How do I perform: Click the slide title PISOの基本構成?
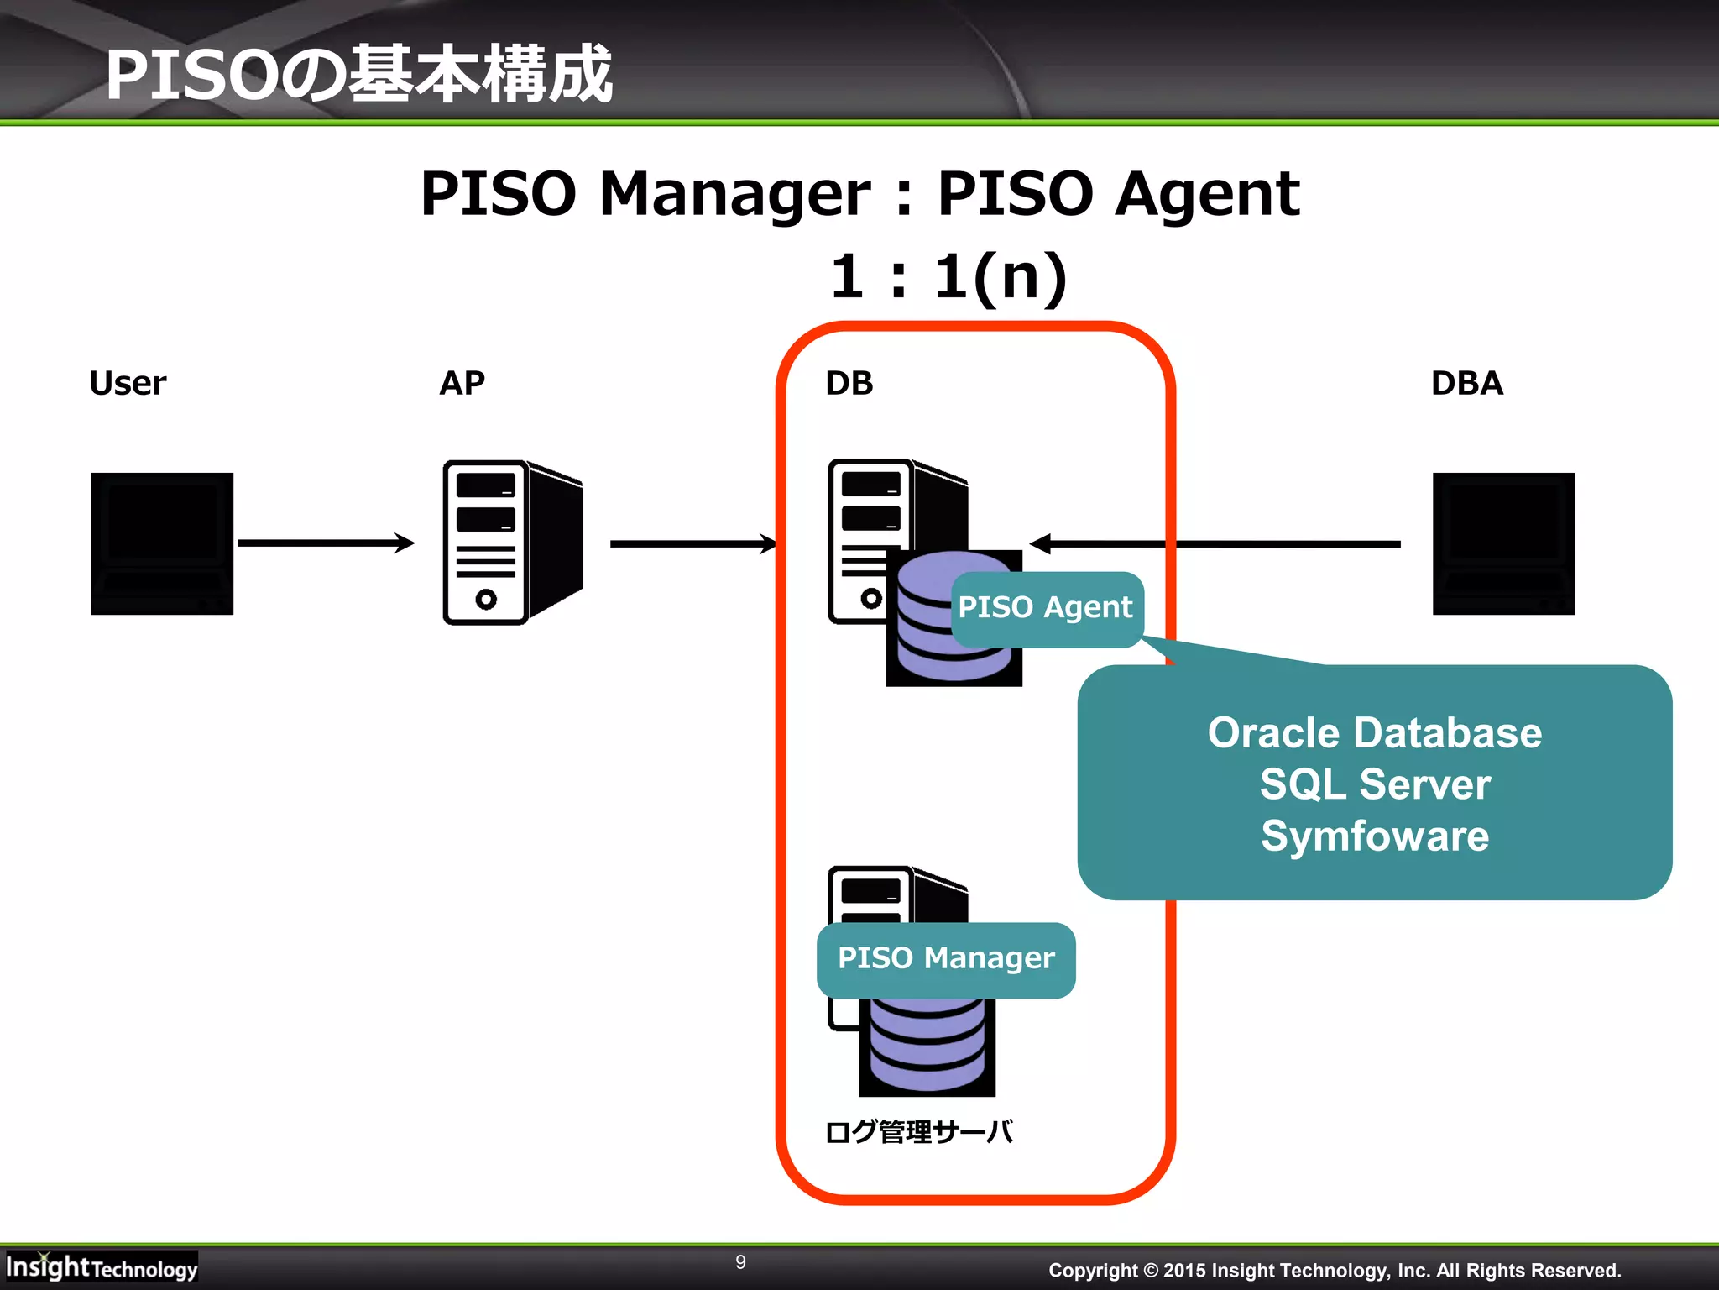coord(359,76)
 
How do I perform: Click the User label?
coord(128,383)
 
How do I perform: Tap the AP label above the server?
coord(462,383)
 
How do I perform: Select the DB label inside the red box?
coord(849,383)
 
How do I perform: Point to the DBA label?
coord(1466,383)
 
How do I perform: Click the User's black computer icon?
coord(162,543)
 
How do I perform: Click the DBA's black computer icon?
coord(1503,543)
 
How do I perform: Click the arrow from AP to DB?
coord(692,544)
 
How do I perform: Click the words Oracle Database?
coord(1374,732)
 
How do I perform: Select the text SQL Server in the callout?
coord(1374,784)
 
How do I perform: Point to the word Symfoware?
coord(1374,836)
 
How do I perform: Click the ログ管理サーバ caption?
coord(919,1132)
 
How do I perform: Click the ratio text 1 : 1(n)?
coord(948,277)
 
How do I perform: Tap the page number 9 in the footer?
coord(740,1262)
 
